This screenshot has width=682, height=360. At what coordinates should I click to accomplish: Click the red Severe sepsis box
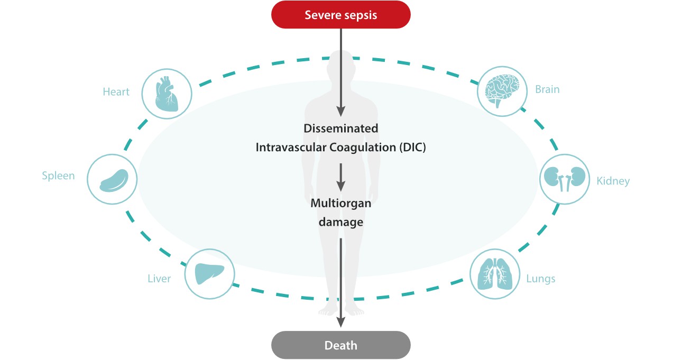click(x=340, y=14)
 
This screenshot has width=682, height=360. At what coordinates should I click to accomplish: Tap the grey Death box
click(x=340, y=346)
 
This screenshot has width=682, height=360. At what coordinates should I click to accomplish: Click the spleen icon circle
click(x=112, y=179)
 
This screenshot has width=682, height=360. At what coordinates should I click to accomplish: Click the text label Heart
click(x=116, y=92)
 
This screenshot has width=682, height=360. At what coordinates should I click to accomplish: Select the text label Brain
click(x=547, y=89)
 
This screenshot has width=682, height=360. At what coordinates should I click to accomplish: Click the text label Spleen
click(x=58, y=176)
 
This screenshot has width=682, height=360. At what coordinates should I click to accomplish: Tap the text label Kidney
click(x=613, y=181)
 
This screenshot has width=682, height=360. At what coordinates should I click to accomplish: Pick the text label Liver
click(x=159, y=279)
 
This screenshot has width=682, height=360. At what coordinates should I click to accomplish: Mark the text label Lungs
click(x=540, y=279)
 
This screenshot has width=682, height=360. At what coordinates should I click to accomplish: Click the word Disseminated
click(x=340, y=128)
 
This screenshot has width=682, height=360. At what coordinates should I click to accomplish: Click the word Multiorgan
click(x=340, y=203)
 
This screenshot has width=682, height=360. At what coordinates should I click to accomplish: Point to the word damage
click(x=340, y=222)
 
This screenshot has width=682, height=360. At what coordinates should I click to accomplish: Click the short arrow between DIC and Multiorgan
click(x=340, y=177)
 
